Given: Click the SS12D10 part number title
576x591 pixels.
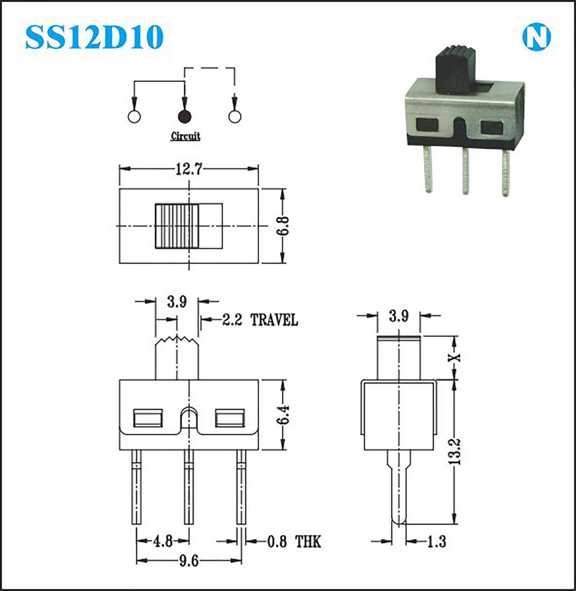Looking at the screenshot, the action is (94, 37).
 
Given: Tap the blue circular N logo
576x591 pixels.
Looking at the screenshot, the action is (536, 37).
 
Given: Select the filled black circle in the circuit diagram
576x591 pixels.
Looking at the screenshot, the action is (184, 116).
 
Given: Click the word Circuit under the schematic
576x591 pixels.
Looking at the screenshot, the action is (186, 136).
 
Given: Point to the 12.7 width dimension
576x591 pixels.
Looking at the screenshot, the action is (189, 169).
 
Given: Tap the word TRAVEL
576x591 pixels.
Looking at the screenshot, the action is (274, 320).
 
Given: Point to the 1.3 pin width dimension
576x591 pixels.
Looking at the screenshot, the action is (437, 541).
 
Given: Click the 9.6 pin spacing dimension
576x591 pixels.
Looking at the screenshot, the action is (189, 561).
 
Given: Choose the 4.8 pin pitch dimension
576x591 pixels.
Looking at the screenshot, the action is (163, 541).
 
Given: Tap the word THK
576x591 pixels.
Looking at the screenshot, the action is (308, 542).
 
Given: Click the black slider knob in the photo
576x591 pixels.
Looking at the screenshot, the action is (455, 69).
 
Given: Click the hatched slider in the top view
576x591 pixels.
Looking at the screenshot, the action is (177, 226).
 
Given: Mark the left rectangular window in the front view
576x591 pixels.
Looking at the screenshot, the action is (148, 418).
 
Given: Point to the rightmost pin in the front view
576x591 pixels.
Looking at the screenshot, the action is (241, 487).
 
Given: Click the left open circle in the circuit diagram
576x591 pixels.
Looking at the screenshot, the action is (134, 116).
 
